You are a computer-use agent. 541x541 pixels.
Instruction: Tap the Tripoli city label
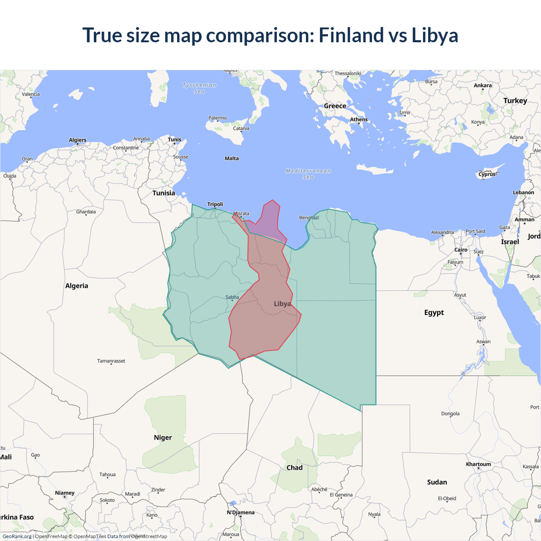coord(215,204)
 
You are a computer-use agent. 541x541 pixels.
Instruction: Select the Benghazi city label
coord(309,218)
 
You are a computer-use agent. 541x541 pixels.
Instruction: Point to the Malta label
coord(232,158)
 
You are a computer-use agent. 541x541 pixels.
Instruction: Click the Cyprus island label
coord(487,174)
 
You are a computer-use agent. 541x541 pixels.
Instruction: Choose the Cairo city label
coord(461,250)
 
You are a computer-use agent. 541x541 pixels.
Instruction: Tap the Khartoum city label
coord(478,464)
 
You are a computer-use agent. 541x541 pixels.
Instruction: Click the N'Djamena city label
coord(240,512)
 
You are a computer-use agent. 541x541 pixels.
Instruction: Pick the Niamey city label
coord(65,493)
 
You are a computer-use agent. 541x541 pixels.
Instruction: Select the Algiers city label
coord(78,140)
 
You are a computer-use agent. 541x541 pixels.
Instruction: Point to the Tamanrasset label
coord(111,361)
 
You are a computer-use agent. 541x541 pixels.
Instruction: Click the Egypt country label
coord(434,312)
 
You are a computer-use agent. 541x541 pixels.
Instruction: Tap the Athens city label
coord(359,120)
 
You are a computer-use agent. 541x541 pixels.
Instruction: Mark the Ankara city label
coord(483,85)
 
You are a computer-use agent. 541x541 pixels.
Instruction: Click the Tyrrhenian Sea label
coord(199,88)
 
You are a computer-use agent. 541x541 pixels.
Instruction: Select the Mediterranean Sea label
coord(308,174)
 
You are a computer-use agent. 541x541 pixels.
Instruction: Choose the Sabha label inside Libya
coord(232,297)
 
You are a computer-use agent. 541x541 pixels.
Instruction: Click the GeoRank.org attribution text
coord(17,536)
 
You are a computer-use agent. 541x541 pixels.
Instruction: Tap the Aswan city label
coord(484,342)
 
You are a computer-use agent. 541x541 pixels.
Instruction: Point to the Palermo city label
coord(218,118)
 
